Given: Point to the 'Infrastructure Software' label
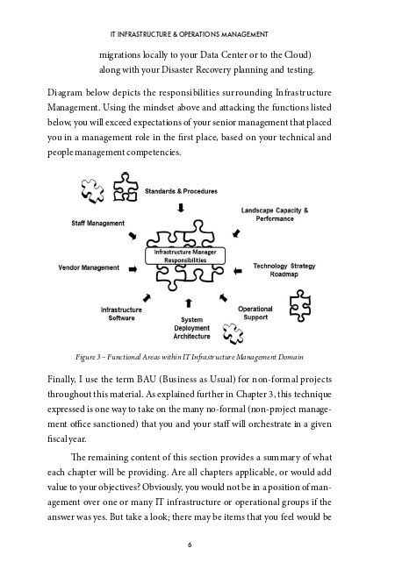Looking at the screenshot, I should point(122,314).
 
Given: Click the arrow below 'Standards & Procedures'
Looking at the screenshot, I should point(182,208).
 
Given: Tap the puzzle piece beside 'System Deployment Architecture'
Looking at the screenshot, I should point(232,333).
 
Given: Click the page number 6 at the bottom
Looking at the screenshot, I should point(190,568).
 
